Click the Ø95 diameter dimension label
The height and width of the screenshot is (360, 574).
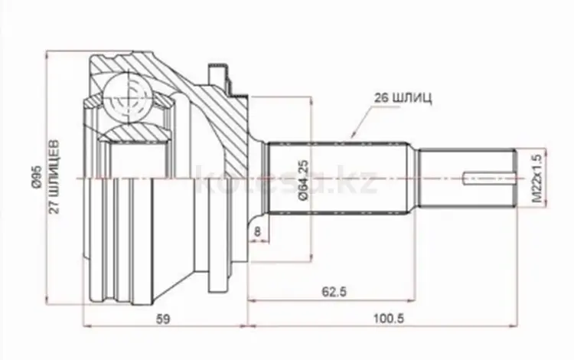(37, 177)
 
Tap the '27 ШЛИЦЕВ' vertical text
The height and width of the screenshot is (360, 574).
(54, 176)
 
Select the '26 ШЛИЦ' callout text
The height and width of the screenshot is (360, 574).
(403, 98)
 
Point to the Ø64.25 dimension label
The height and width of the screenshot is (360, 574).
(304, 180)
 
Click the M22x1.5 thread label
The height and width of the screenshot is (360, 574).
(536, 178)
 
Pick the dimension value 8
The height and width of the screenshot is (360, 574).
(258, 231)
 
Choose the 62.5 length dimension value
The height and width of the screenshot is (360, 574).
(334, 292)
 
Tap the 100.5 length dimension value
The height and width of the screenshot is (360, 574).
(389, 318)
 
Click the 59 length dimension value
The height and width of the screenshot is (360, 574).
(163, 319)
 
